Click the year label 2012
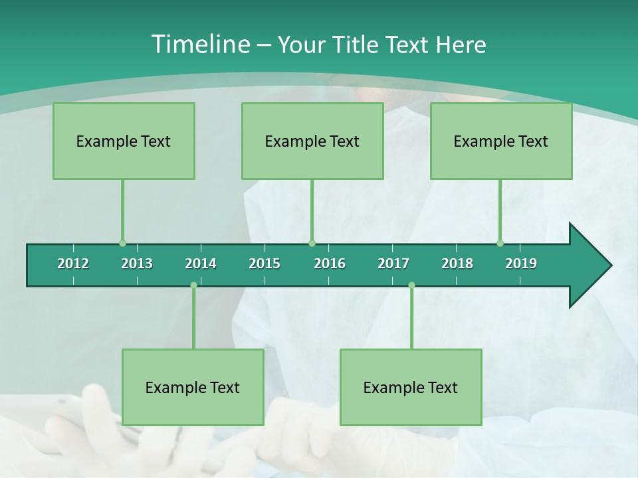(73, 264)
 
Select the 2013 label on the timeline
(137, 264)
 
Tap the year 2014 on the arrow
(201, 264)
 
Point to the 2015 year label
(265, 264)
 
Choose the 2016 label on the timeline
(330, 264)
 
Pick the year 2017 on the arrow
(393, 264)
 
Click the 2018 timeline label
(457, 264)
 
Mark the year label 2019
(521, 264)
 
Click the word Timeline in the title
(201, 44)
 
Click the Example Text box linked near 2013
(124, 141)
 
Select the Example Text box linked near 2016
(312, 141)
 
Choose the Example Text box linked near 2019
(501, 141)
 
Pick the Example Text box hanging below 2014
(193, 387)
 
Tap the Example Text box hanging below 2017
(411, 387)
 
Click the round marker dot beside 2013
(122, 243)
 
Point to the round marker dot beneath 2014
(193, 285)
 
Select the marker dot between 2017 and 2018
(411, 285)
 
